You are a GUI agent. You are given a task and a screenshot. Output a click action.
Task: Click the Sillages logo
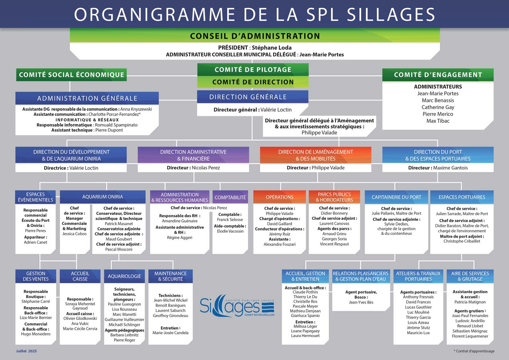237,306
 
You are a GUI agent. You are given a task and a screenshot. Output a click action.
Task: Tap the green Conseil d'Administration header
255,36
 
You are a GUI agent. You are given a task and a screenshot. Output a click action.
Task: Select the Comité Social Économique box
71,75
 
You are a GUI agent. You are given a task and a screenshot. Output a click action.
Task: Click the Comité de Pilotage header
253,69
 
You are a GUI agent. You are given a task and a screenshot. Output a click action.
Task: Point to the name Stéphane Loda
272,48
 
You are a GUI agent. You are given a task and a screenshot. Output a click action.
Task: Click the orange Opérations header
280,197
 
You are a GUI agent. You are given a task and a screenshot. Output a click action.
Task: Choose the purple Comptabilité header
230,197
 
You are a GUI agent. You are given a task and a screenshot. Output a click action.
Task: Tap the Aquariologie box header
124,276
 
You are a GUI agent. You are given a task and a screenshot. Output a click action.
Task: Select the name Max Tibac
438,121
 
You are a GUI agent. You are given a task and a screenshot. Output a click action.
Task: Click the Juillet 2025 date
26,351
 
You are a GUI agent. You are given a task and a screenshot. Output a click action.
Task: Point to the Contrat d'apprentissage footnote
474,351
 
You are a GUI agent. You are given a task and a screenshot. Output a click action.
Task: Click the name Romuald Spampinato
116,125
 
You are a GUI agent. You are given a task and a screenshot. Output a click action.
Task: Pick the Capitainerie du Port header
396,197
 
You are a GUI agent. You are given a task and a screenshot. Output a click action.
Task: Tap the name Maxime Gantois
450,168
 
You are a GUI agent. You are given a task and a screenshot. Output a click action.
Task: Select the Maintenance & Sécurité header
171,276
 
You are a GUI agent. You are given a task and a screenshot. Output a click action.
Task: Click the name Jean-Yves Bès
361,302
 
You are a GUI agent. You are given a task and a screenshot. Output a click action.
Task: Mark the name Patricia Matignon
470,302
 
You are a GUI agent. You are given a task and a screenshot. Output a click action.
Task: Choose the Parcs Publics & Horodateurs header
334,197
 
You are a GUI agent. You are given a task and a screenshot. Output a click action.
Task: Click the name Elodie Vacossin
230,231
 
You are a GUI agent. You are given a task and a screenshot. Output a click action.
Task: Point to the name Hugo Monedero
36,334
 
